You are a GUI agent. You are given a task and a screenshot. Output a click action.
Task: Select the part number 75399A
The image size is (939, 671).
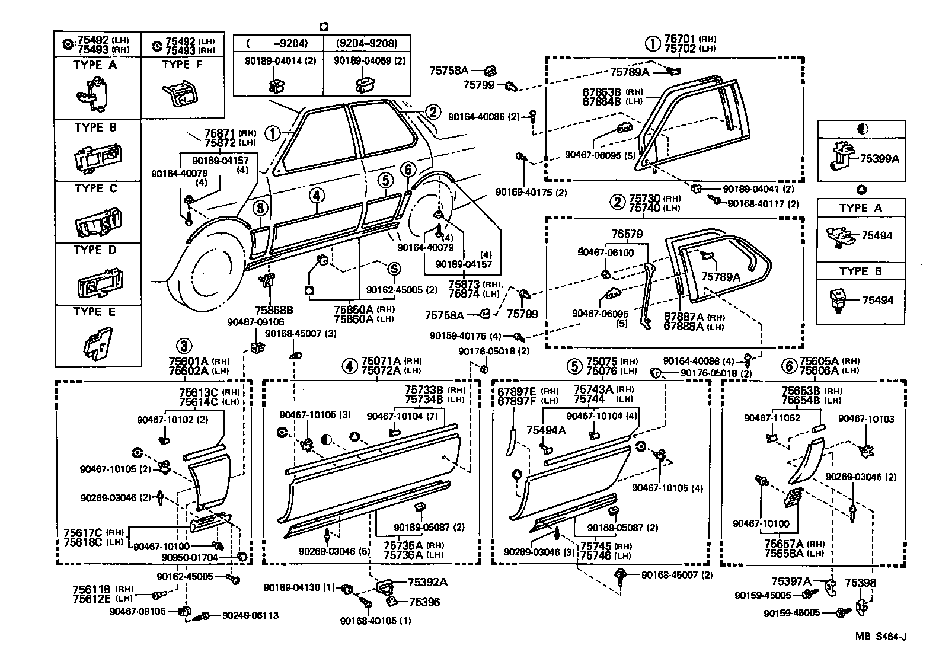point(879,158)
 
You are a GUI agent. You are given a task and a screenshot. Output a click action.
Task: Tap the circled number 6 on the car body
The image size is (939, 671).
point(407,170)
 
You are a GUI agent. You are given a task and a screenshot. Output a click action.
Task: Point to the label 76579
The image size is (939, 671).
point(627,235)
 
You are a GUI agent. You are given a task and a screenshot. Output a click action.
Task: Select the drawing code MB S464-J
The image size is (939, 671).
point(880,637)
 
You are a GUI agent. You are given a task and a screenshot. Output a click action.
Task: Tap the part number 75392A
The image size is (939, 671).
point(427,583)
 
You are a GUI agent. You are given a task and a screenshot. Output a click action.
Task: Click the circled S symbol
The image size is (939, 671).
point(394,269)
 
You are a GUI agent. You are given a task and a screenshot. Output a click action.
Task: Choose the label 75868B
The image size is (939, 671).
point(274,309)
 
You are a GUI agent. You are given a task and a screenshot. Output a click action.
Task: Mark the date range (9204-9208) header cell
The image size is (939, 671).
point(366,43)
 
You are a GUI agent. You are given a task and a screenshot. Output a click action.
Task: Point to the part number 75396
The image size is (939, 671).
point(424,602)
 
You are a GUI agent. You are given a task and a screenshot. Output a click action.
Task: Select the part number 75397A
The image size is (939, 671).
point(791,582)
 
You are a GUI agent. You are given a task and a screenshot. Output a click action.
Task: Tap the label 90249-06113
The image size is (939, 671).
point(250,616)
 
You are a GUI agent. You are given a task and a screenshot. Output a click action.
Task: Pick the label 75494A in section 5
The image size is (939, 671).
point(547,431)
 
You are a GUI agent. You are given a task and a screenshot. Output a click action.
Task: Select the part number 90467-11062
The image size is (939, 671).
point(772,418)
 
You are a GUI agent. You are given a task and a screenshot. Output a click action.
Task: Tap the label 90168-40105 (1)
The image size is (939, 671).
point(375,621)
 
